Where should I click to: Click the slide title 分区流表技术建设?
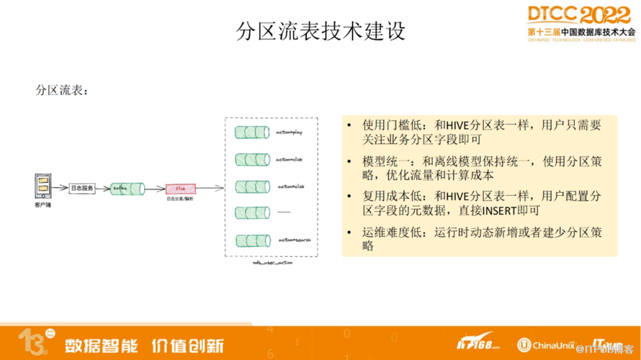pyautogui.click(x=320, y=31)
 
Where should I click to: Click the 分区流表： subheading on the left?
pyautogui.click(x=63, y=91)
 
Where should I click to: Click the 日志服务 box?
pyautogui.click(x=82, y=189)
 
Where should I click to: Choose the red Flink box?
pyautogui.click(x=180, y=189)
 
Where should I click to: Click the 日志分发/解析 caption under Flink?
pyautogui.click(x=180, y=199)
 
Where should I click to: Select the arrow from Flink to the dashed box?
pyautogui.click(x=210, y=189)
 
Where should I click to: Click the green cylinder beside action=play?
pyautogui.click(x=252, y=133)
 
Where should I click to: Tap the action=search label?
pyautogui.click(x=294, y=240)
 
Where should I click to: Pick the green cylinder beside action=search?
pyautogui.click(x=252, y=240)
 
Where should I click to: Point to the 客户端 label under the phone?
pyautogui.click(x=42, y=205)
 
